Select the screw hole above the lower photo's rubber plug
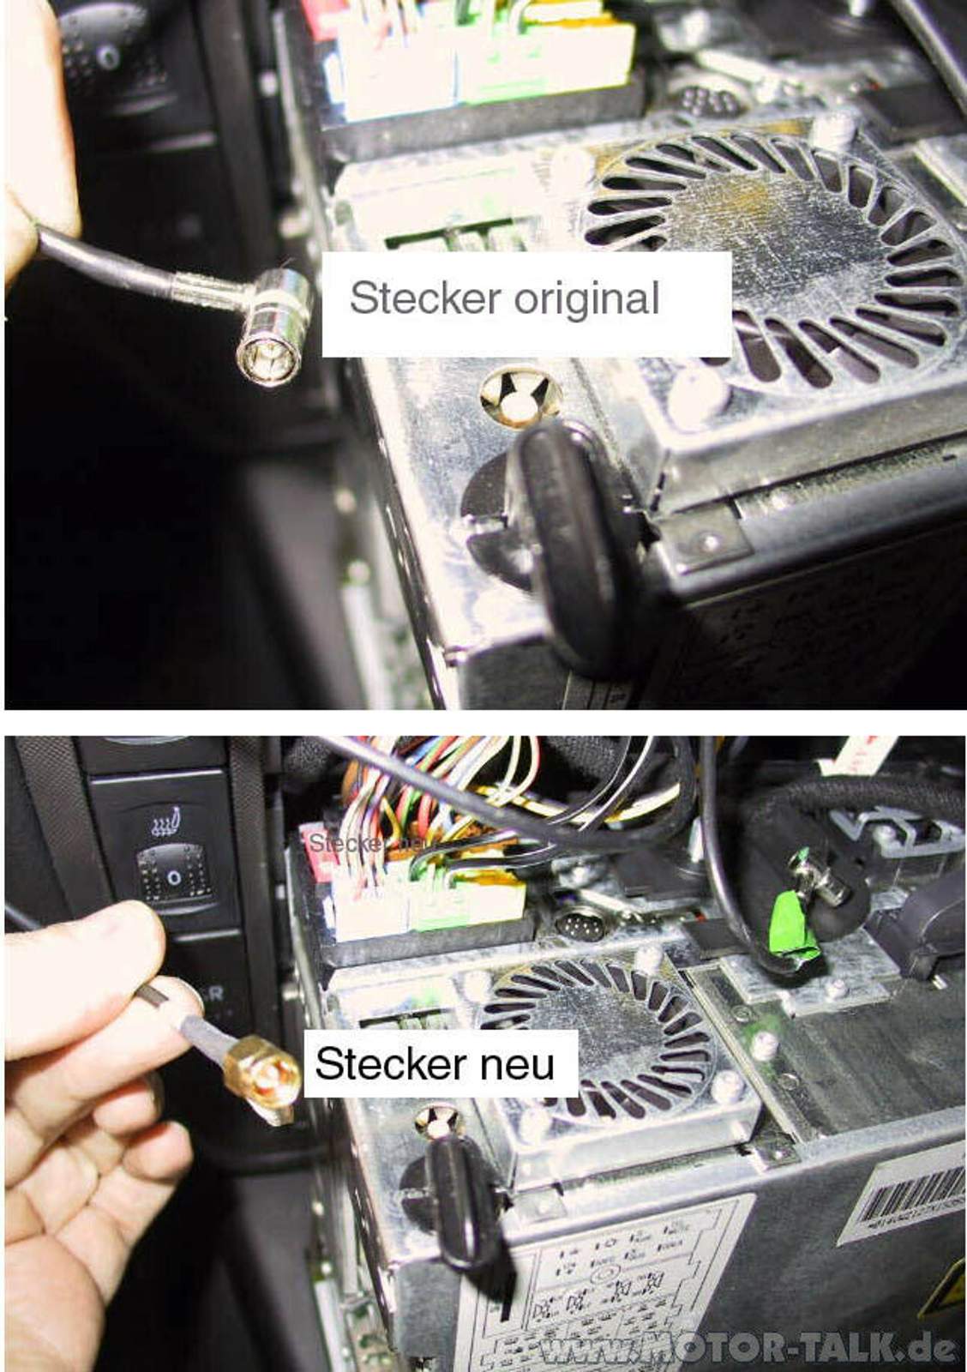(x=441, y=1120)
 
